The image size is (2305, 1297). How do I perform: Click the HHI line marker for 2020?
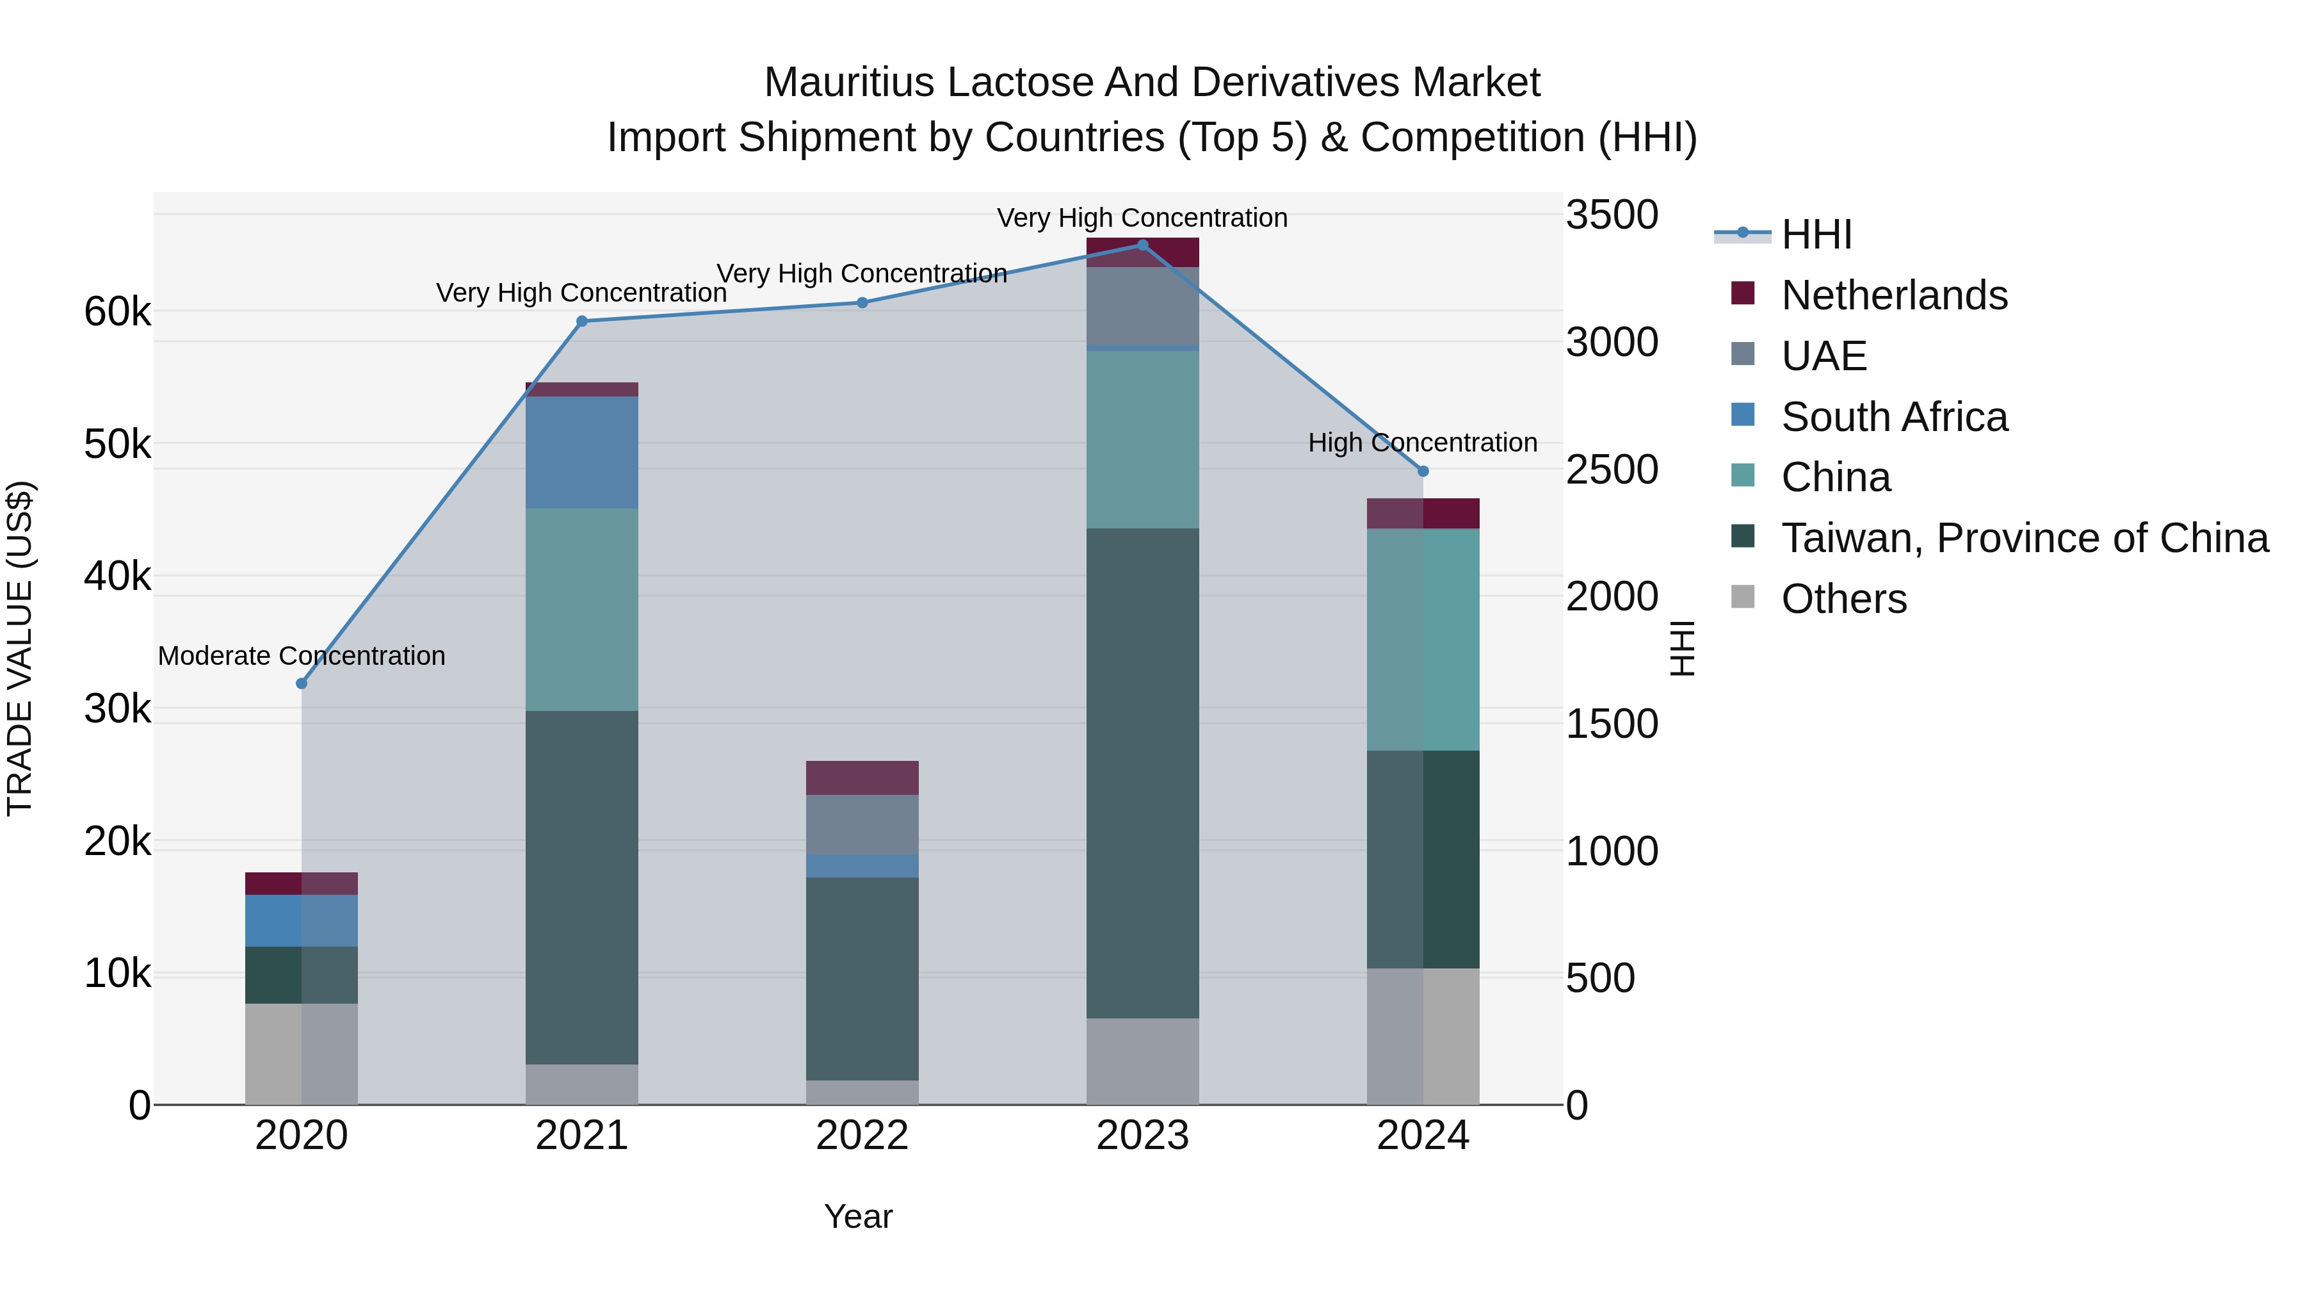[x=302, y=684]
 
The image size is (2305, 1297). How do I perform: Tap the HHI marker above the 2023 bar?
[x=1143, y=245]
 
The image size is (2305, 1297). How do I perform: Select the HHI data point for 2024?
[x=1423, y=471]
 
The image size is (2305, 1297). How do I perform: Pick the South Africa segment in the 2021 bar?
[x=581, y=452]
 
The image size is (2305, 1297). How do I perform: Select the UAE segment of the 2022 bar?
[x=862, y=824]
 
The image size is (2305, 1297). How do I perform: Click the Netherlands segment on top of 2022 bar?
[x=862, y=778]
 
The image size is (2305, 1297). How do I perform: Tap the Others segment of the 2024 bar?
[x=1423, y=1036]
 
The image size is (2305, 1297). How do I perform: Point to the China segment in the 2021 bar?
[x=581, y=610]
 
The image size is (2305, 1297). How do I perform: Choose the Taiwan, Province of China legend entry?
[x=2024, y=538]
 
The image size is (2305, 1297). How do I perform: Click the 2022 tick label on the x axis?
[x=862, y=1136]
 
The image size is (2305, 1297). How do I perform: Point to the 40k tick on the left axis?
[x=117, y=576]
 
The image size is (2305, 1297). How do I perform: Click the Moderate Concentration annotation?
[x=302, y=656]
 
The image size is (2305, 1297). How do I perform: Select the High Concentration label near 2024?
[x=1422, y=443]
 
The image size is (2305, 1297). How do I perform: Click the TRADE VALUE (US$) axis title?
[x=20, y=648]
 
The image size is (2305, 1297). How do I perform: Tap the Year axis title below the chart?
[x=858, y=1216]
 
